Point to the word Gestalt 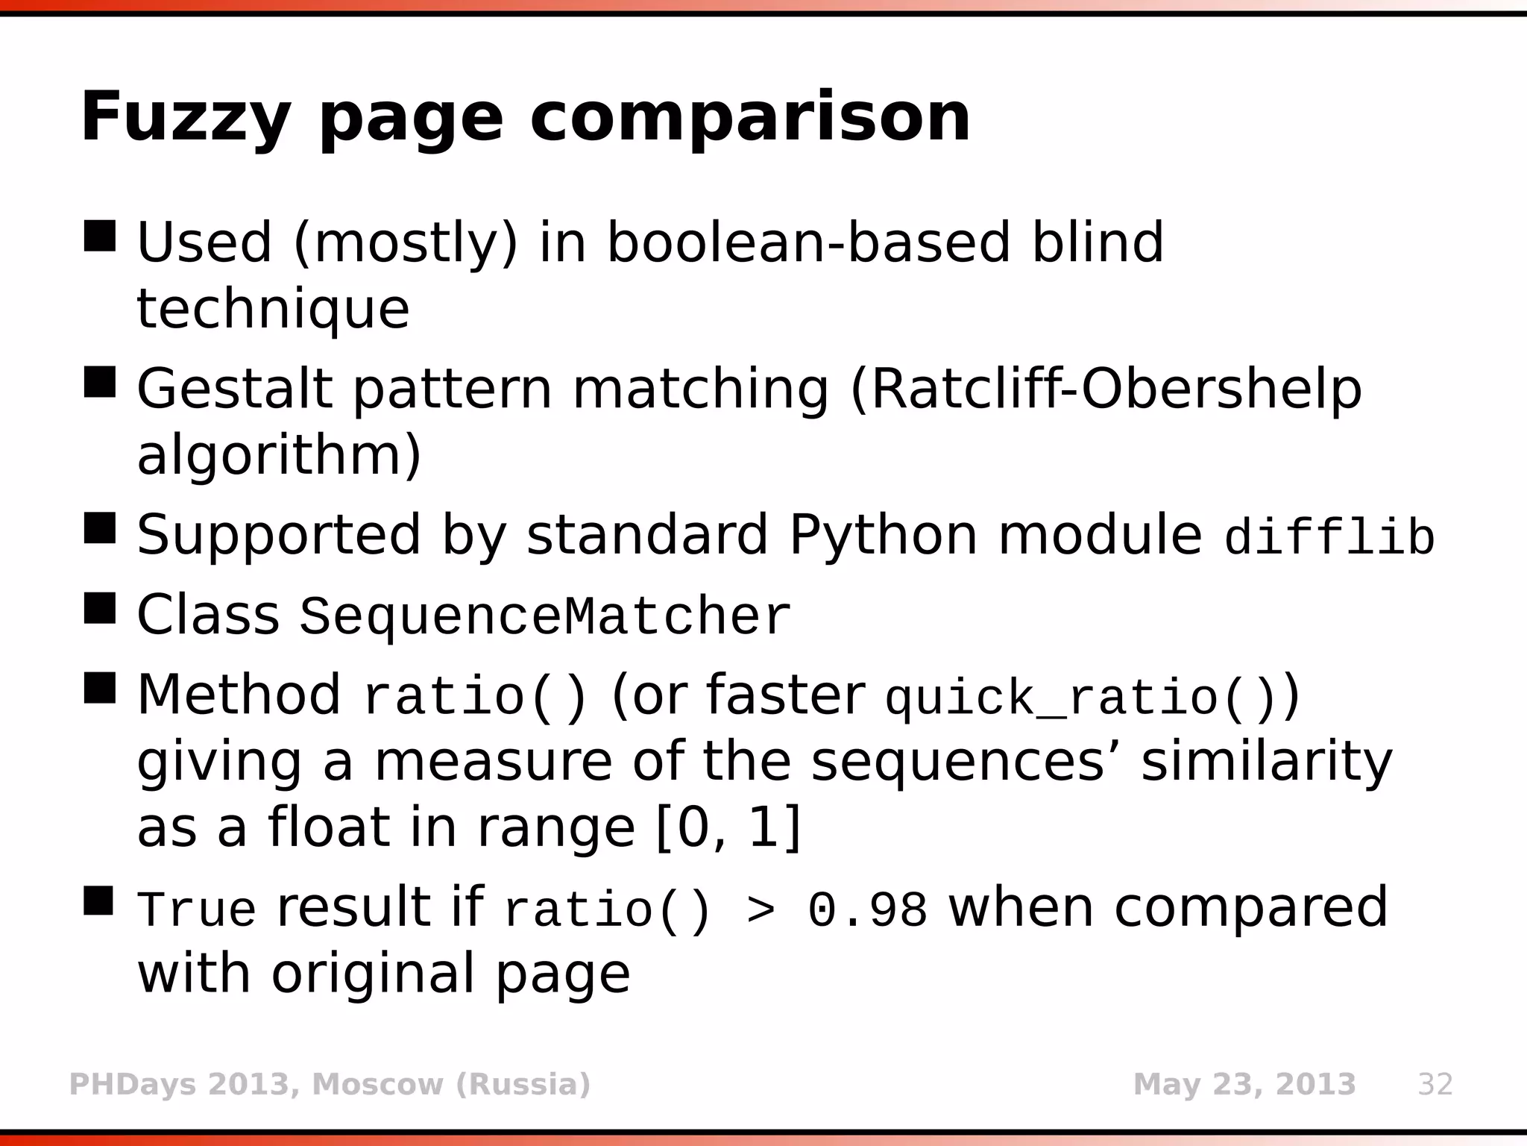point(234,389)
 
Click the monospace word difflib point(1329,537)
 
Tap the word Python point(883,536)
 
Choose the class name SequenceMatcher point(544,617)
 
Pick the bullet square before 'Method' point(99,688)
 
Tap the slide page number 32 point(1435,1084)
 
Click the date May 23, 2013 point(1244,1084)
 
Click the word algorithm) point(280,455)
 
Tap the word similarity point(1266,763)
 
